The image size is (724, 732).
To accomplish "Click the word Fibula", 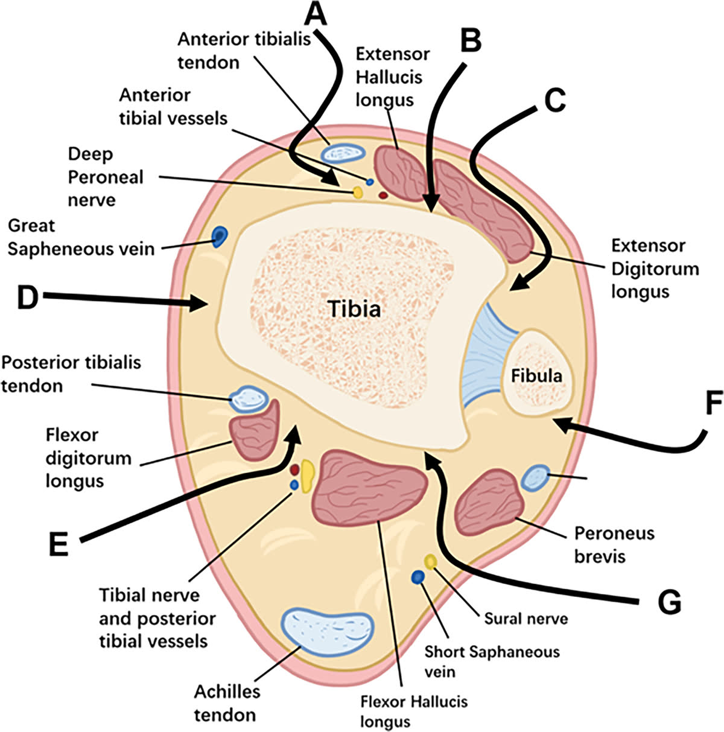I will [536, 376].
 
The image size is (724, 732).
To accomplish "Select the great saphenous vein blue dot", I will [218, 235].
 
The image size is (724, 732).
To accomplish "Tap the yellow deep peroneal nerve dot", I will [357, 193].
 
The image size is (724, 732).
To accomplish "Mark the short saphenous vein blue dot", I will [417, 578].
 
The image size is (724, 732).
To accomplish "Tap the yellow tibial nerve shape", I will [307, 474].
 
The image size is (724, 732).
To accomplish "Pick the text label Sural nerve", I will [526, 618].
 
